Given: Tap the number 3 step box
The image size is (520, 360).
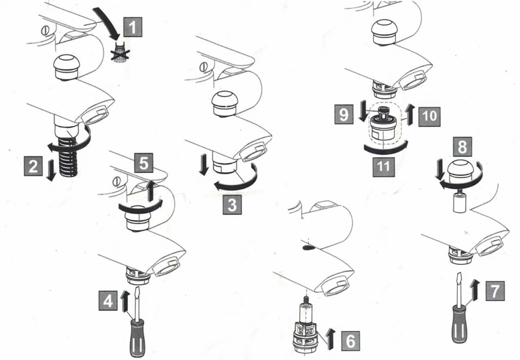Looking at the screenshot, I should click(232, 204).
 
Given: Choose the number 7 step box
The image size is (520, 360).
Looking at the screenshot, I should click(495, 290).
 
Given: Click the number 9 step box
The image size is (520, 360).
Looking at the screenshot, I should click(343, 115).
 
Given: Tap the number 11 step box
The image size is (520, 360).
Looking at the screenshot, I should click(383, 166).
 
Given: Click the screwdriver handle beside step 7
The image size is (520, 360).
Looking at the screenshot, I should click(461, 323).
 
